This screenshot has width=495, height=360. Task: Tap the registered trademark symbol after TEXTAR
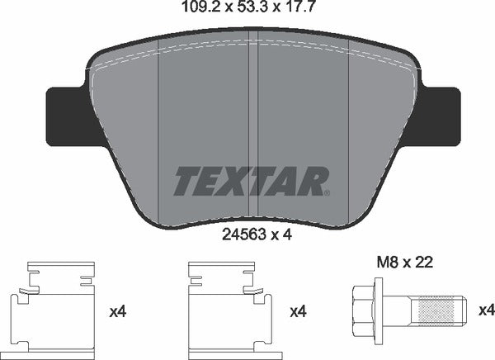(327, 194)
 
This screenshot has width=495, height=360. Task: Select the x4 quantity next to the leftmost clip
(118, 311)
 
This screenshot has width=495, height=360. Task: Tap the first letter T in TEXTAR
(182, 179)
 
